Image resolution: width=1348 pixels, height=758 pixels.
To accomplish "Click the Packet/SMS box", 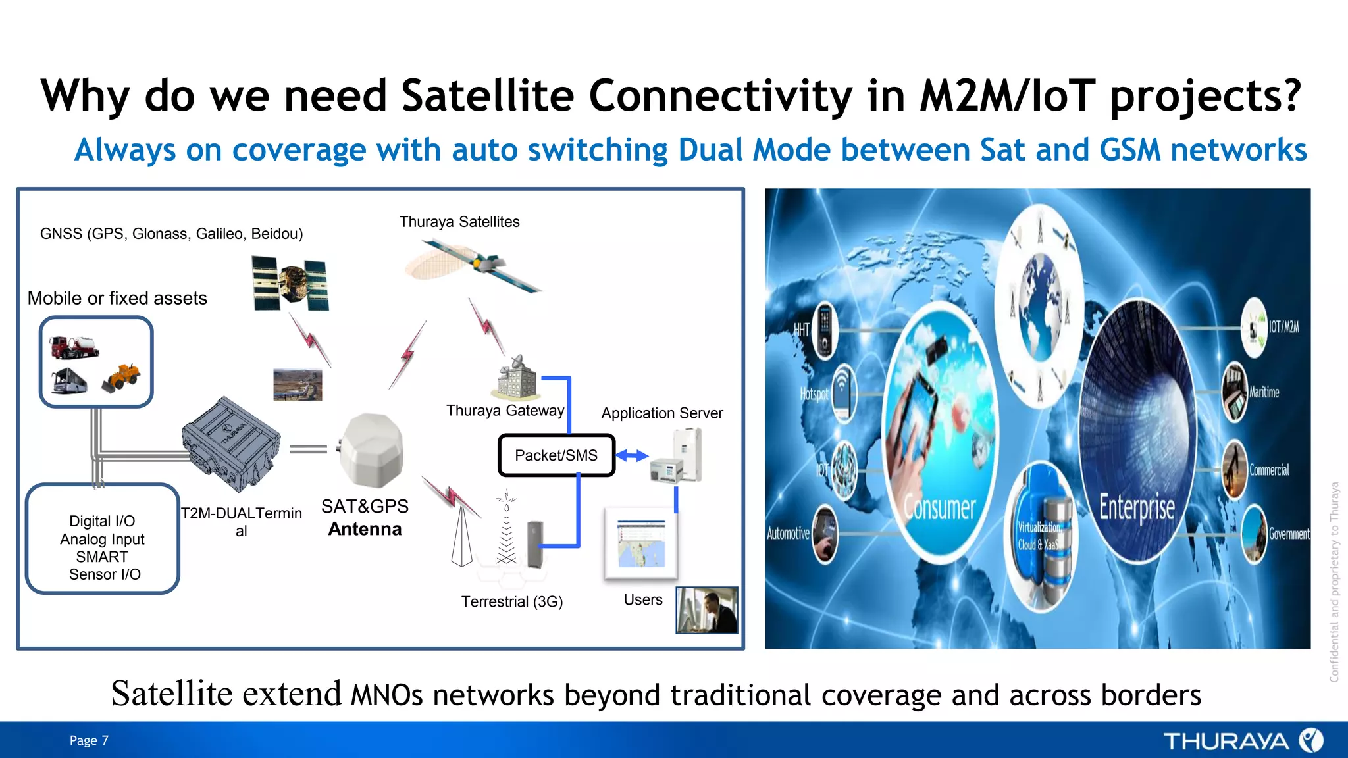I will coord(556,455).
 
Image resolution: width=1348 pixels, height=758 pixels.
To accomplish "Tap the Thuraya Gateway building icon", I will coord(518,378).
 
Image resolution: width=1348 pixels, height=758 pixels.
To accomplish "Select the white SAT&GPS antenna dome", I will coord(372,450).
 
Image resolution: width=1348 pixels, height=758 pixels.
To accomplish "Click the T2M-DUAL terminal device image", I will coord(231,444).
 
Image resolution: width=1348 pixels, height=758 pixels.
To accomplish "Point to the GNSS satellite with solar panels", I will coord(290,283).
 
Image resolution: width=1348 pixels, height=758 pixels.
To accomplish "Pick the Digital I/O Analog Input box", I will coord(103,539).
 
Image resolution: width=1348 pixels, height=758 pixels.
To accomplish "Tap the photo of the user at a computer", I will coord(707,610).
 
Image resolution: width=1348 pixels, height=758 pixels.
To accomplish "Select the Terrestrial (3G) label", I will coord(512,602).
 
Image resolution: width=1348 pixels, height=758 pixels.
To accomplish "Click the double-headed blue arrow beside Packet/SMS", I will coord(632,455).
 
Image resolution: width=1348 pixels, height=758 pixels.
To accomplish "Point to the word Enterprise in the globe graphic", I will coord(1137,507).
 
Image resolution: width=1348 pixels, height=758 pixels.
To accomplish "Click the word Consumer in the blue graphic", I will coord(939,507).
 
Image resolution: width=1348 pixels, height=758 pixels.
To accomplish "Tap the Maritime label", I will coord(1264,392).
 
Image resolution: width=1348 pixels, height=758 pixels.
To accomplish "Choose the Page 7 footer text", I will coord(89,740).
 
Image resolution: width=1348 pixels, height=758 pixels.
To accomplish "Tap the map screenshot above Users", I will coord(641,543).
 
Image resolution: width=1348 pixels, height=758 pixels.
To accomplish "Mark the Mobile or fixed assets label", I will coord(117,299).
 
